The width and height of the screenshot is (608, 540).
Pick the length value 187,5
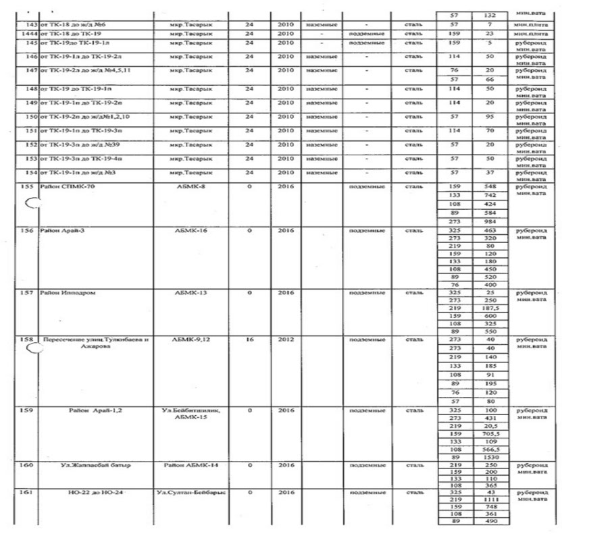point(490,307)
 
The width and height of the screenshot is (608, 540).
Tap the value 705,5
point(490,433)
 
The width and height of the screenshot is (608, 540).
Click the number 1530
point(490,458)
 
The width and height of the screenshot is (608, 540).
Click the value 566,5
point(490,450)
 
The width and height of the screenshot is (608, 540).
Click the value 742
point(490,194)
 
